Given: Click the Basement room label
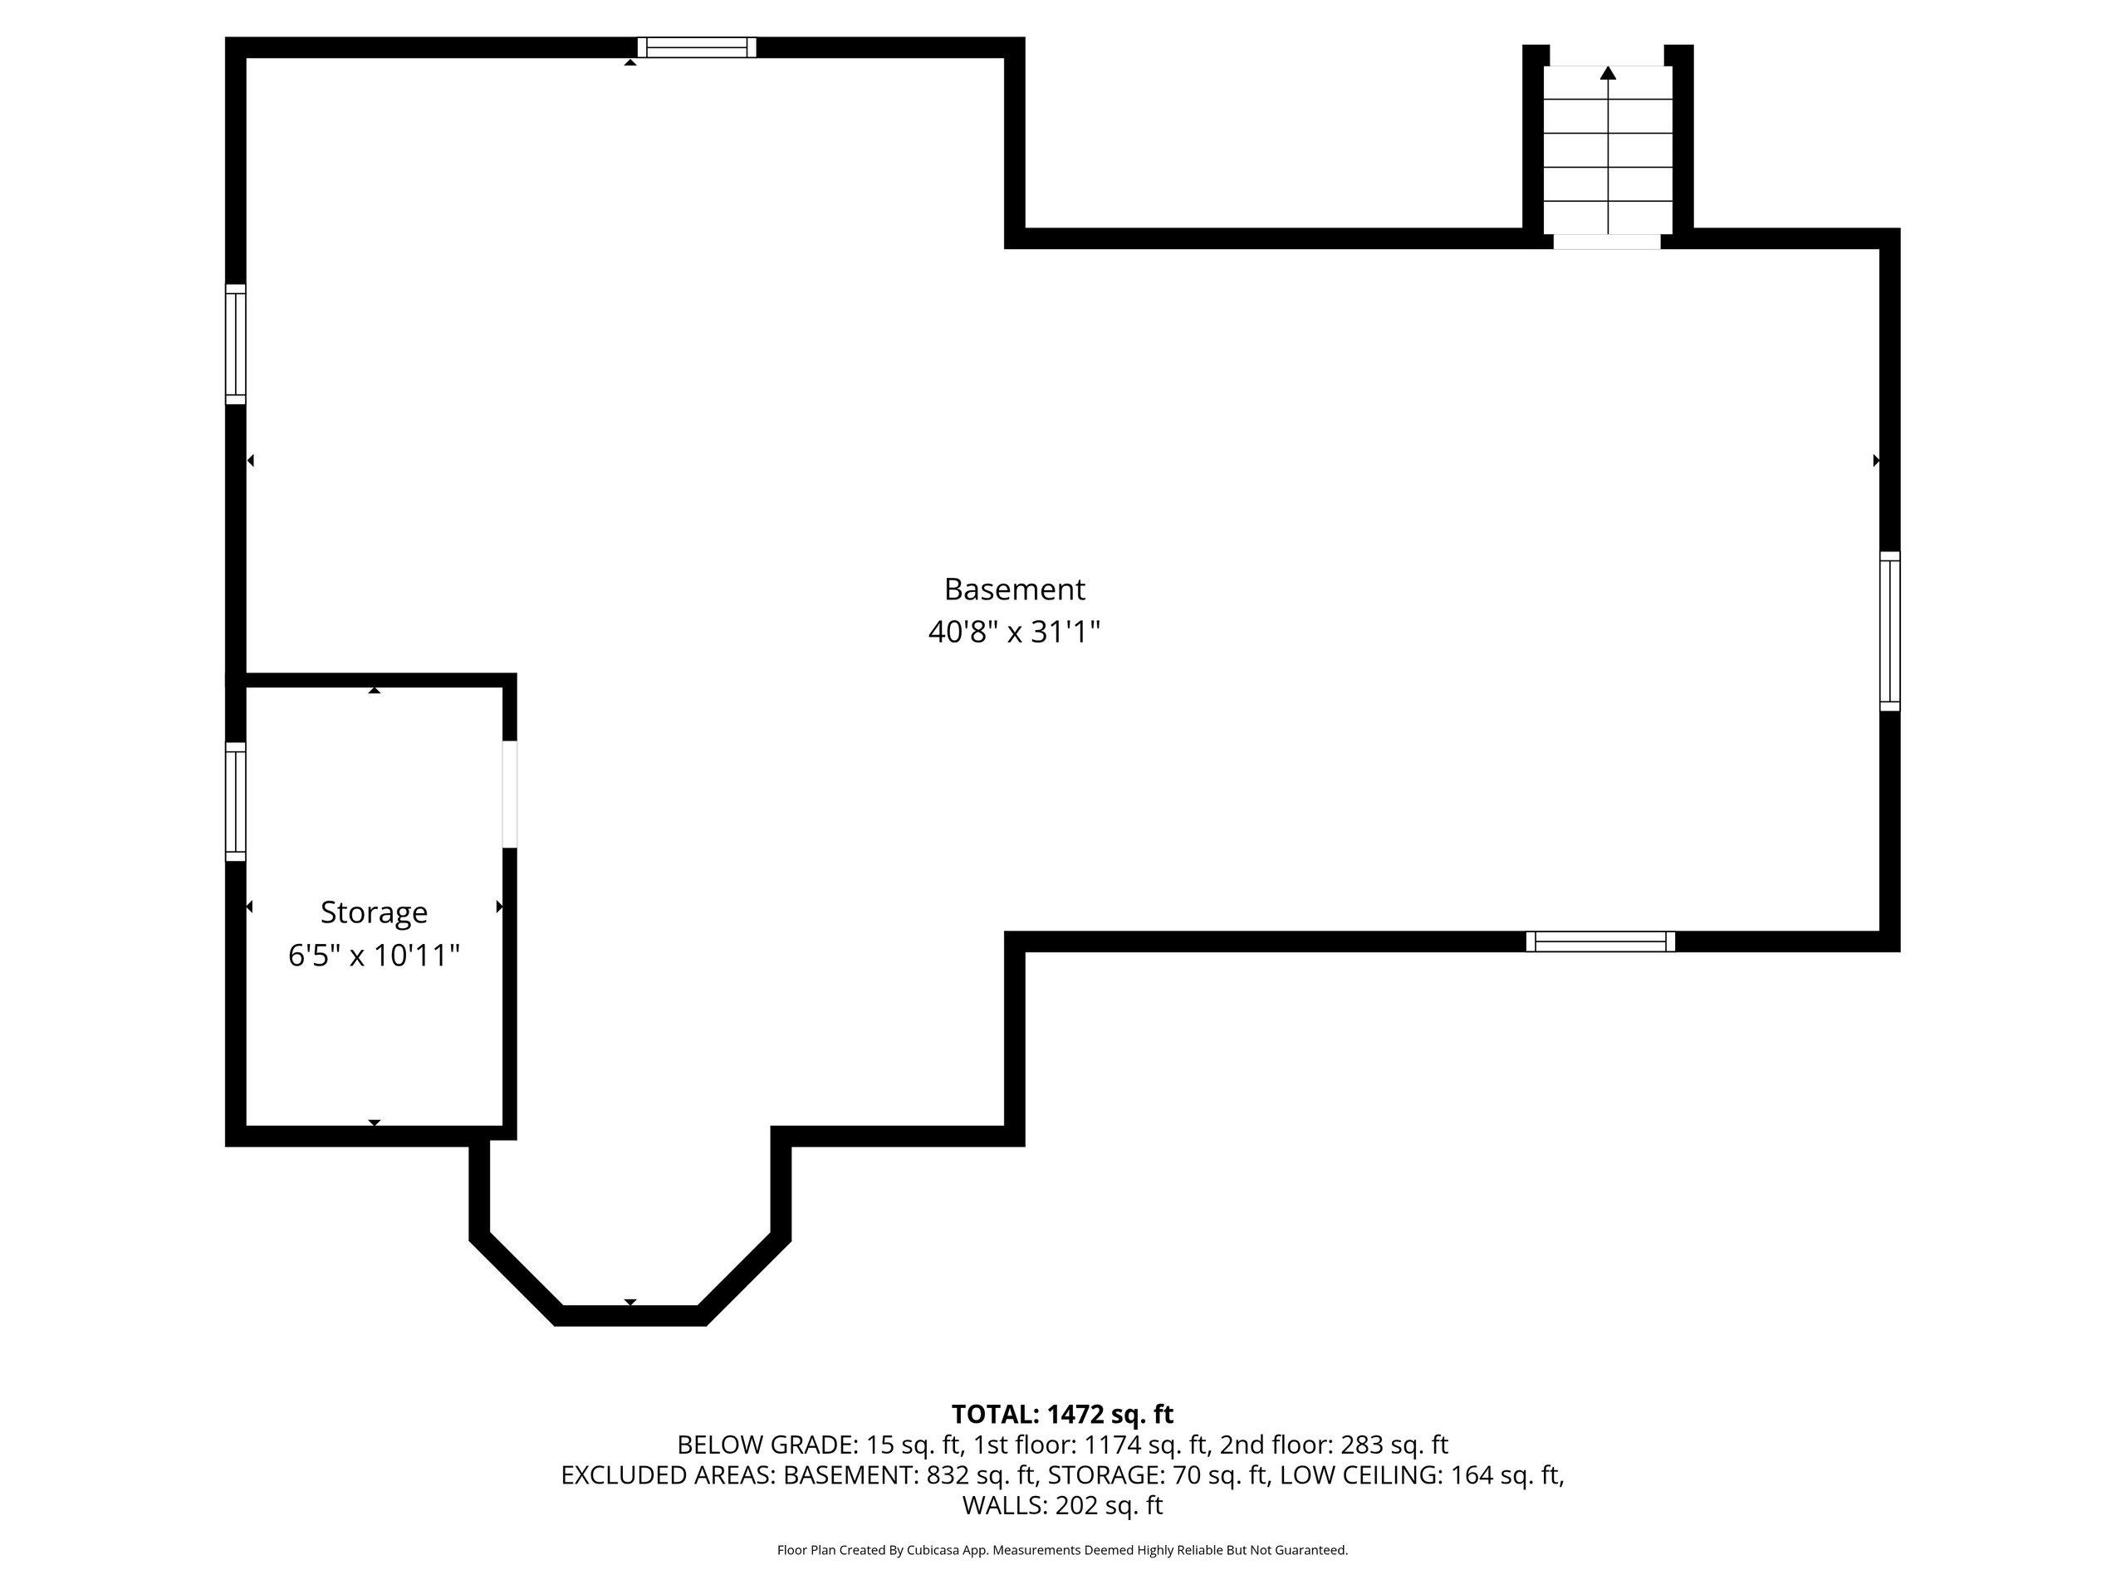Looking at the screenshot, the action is click(x=1014, y=589).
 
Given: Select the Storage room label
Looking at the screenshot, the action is click(x=374, y=912).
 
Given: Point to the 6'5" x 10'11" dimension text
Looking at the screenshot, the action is click(x=374, y=956).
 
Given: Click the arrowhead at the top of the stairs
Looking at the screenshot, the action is click(x=1608, y=72).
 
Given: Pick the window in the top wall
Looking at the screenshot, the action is click(x=697, y=47).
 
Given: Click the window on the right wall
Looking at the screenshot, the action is click(x=1889, y=631).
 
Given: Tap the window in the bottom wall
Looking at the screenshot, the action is click(x=1601, y=941).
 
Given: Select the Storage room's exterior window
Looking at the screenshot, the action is click(x=236, y=801).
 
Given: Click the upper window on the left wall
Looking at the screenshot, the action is click(x=236, y=344).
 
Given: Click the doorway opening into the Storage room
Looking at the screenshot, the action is click(x=509, y=794).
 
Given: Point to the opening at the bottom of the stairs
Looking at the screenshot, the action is click(x=1607, y=241).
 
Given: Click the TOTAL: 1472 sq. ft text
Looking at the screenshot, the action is click(x=1062, y=1415).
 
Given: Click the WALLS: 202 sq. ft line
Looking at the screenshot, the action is click(x=1062, y=1506).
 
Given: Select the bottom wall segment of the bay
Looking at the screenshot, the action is click(x=630, y=1317).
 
